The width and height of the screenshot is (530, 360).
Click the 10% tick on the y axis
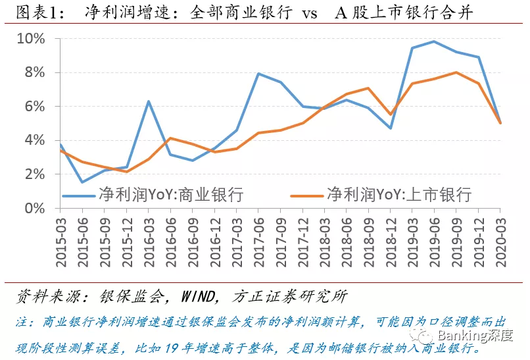(x=31, y=39)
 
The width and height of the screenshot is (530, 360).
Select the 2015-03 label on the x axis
(x=60, y=242)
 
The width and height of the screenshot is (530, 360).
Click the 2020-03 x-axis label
(x=500, y=242)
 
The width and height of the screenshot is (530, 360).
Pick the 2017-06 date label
(x=258, y=242)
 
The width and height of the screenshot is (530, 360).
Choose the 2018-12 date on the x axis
(x=391, y=242)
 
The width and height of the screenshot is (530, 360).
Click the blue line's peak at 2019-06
(x=434, y=41)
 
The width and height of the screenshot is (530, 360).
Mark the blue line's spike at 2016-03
(x=149, y=101)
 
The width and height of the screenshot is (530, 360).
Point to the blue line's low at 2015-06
(x=82, y=182)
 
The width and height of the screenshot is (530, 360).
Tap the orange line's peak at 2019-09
(x=456, y=72)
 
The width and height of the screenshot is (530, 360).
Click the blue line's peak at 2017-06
(x=258, y=74)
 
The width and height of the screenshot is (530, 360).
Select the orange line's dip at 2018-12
(x=391, y=115)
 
